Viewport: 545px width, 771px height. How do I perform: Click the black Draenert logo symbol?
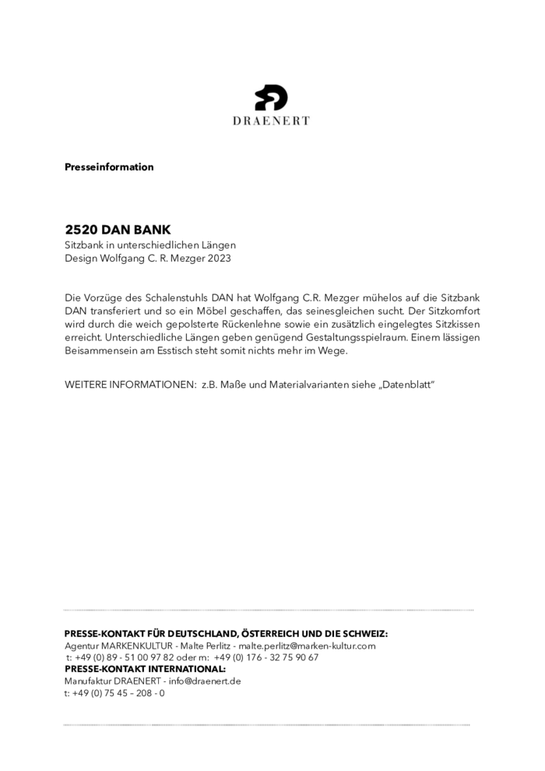click(272, 98)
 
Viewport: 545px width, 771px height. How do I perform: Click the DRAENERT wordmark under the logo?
click(272, 121)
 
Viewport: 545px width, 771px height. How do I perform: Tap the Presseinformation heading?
click(109, 167)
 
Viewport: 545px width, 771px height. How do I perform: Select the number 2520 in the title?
click(81, 231)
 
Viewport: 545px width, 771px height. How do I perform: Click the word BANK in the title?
click(153, 231)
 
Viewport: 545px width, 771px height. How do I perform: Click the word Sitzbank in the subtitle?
click(85, 245)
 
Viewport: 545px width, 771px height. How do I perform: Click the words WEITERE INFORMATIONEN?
click(128, 385)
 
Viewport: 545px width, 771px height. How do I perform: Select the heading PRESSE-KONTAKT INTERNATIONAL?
click(145, 669)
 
